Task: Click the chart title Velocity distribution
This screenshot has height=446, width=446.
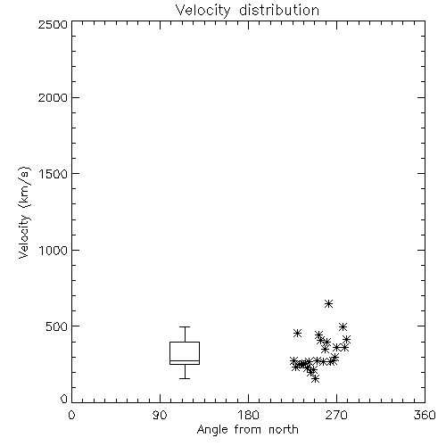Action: [247, 11]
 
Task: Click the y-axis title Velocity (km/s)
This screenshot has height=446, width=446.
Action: [24, 212]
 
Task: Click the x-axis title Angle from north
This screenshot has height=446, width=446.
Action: [247, 430]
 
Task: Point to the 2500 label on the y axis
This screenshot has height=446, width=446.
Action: [53, 24]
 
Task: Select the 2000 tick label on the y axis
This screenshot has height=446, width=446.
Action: [53, 97]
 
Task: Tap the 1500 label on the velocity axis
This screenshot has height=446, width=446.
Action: [54, 174]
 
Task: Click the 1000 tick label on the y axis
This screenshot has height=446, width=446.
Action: [54, 250]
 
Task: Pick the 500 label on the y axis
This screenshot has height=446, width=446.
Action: [57, 326]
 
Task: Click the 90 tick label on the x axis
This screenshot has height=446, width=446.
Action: [160, 415]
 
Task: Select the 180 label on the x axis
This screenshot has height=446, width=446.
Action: [248, 415]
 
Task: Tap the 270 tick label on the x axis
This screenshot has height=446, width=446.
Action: [336, 415]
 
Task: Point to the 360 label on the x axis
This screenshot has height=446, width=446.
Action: [425, 415]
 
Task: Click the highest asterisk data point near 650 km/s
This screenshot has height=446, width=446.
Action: [328, 303]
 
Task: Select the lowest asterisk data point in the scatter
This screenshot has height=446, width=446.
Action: [316, 378]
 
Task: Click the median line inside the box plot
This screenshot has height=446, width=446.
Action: [185, 361]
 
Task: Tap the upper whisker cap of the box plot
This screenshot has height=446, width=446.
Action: [185, 326]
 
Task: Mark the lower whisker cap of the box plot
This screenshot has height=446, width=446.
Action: [185, 378]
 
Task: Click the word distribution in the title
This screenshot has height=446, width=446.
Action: [279, 11]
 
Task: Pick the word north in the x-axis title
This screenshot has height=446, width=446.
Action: [284, 430]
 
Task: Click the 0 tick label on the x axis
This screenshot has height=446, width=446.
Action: [71, 415]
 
